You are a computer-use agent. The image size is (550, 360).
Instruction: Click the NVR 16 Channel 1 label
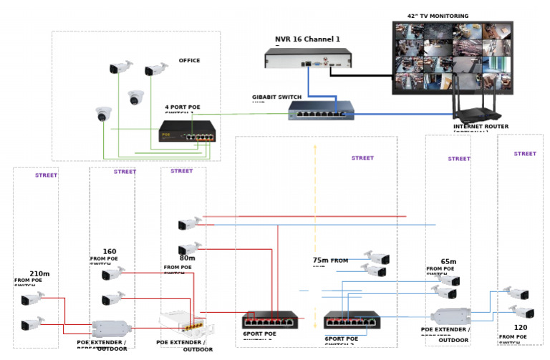tap(307, 39)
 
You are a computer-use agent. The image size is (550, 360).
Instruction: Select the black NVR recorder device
tap(314, 59)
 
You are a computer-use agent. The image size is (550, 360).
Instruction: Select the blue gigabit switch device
tap(321, 110)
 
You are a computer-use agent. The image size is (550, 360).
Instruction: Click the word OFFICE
tap(189, 61)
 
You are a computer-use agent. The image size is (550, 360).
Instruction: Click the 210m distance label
tap(39, 273)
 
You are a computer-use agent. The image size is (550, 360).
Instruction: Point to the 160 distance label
tap(110, 251)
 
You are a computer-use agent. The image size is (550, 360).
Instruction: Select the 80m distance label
tap(188, 258)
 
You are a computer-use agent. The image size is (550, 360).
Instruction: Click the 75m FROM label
tap(330, 261)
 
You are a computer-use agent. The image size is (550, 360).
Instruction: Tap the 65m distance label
tap(448, 262)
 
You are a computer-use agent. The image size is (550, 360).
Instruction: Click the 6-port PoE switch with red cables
tap(270, 319)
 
